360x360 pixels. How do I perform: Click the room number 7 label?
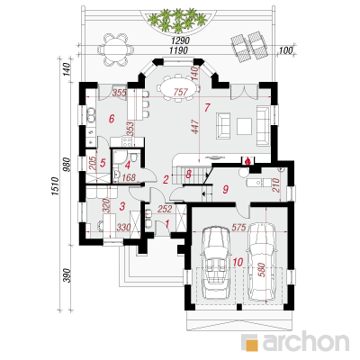pos(207,107)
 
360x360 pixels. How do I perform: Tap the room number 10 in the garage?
pos(238,263)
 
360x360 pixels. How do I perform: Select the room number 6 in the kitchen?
pos(112,119)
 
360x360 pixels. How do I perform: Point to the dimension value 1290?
pos(181,40)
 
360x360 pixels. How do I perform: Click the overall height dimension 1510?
pos(55,186)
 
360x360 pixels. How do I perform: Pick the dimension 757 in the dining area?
pos(181,93)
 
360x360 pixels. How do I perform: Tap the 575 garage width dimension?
pos(238,227)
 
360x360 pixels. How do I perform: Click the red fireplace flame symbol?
pos(247,161)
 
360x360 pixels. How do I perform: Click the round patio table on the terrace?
pos(115,49)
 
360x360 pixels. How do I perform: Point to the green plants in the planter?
pos(177,20)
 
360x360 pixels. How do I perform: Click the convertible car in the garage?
pos(215,263)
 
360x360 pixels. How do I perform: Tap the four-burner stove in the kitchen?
pos(126,141)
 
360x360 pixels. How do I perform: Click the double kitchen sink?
pos(90,115)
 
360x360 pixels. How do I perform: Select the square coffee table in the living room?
pos(244,126)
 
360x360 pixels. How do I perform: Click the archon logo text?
pos(306,342)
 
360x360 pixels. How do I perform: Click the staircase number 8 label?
pos(189,175)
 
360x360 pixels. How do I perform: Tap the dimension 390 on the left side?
pos(68,275)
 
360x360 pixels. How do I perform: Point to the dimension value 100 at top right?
pos(285,50)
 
